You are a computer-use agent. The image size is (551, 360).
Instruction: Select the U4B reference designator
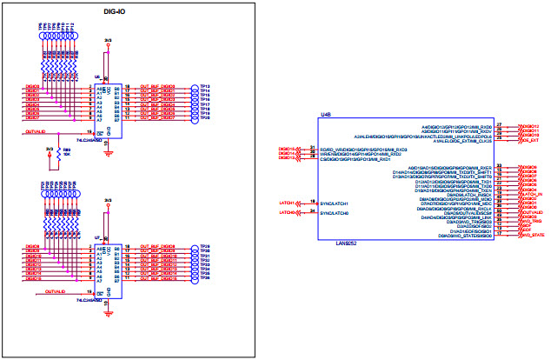tap(326, 115)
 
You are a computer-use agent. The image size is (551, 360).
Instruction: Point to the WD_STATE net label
tap(532, 235)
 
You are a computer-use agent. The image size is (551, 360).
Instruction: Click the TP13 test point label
tap(205, 87)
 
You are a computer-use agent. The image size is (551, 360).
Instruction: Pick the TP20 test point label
tap(205, 117)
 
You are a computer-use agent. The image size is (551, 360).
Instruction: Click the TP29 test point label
tap(205, 247)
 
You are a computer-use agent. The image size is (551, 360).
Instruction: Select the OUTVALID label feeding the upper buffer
tap(36, 133)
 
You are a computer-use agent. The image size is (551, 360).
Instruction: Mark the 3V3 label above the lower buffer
tap(108, 200)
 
